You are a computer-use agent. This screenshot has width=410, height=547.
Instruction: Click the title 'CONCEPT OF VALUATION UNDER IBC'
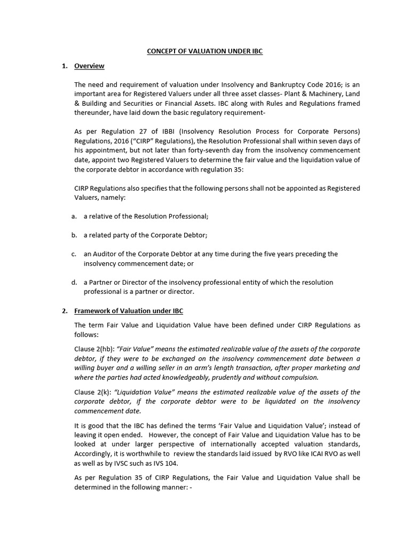205,51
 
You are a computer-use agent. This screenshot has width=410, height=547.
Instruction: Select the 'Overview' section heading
89,66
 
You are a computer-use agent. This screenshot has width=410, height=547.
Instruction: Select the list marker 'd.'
73,282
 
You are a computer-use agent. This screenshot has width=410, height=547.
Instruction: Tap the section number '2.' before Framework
65,311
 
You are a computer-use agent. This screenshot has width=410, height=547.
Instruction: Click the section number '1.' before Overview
65,66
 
